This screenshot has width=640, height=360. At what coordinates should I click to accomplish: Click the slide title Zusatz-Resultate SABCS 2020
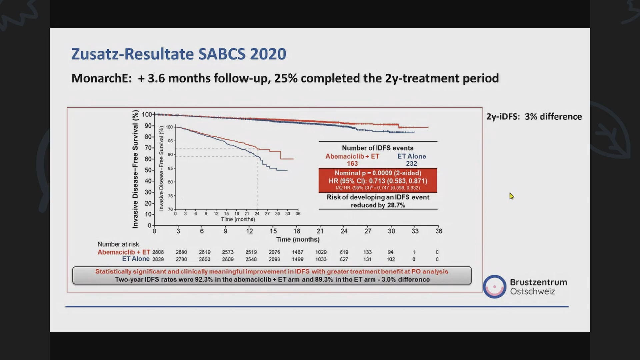(x=179, y=54)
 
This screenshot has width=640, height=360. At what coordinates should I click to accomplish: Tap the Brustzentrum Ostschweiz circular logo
(x=494, y=287)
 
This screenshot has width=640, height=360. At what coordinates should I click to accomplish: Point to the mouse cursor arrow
(x=511, y=196)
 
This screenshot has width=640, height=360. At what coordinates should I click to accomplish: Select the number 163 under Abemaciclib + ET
(x=352, y=164)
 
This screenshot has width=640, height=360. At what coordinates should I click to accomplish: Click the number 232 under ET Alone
(x=411, y=164)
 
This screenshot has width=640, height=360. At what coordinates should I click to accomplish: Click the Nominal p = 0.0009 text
(x=378, y=173)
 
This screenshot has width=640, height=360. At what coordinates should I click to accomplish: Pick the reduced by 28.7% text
(x=378, y=205)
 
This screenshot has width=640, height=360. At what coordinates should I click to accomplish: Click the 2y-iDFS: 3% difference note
(x=534, y=117)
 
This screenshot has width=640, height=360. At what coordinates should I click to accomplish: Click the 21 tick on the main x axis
(x=320, y=231)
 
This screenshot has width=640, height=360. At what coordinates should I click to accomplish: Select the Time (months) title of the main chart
(x=298, y=239)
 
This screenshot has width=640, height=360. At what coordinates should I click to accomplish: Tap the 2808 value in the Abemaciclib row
(x=158, y=252)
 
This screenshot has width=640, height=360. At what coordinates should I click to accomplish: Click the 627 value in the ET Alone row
(x=344, y=259)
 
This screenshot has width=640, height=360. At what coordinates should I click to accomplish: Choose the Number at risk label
(x=118, y=244)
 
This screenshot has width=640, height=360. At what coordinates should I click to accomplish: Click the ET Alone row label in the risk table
(x=136, y=259)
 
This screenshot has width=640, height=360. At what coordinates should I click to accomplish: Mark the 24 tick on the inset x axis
(x=257, y=214)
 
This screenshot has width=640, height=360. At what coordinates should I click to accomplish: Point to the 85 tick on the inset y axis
(x=170, y=168)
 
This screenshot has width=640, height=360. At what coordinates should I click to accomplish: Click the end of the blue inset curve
(x=287, y=170)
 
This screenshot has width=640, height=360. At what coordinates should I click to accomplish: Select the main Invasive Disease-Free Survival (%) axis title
(x=135, y=169)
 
